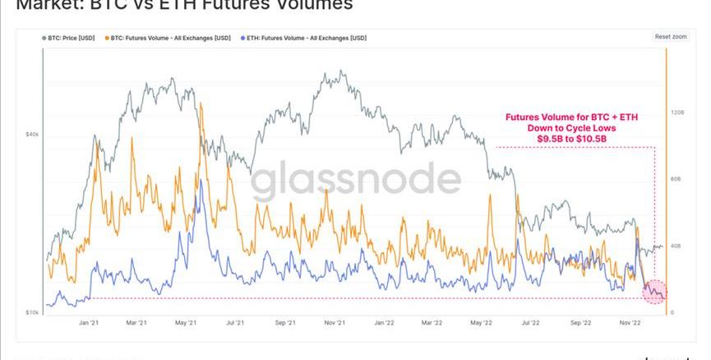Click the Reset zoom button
[x=671, y=37]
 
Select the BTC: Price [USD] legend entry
[x=70, y=38]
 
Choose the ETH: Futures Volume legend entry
[x=304, y=38]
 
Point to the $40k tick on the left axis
[x=33, y=134]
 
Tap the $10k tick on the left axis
[x=33, y=313]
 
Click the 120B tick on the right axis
[x=677, y=112]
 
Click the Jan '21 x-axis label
[x=89, y=324]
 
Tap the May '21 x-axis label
[x=187, y=324]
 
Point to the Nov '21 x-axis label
[x=333, y=324]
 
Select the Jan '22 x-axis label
[x=384, y=324]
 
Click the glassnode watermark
[x=355, y=182]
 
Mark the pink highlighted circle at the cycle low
[x=654, y=291]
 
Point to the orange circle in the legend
[x=107, y=38]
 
